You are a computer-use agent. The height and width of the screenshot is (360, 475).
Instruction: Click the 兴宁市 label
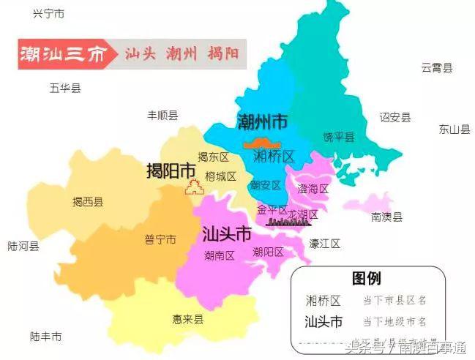click(49, 14)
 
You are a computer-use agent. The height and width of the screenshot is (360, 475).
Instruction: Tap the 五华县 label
click(65, 89)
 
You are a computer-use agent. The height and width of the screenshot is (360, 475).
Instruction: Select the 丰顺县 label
click(162, 115)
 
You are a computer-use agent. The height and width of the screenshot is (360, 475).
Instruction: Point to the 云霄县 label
click(436, 68)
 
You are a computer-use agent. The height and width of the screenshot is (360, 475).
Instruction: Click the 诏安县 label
click(394, 117)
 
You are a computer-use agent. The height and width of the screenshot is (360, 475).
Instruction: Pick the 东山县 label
click(454, 130)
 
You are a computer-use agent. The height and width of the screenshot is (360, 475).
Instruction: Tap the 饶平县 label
click(338, 138)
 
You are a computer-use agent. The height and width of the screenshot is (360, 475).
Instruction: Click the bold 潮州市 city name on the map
click(262, 121)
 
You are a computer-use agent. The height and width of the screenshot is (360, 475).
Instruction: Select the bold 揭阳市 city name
click(171, 170)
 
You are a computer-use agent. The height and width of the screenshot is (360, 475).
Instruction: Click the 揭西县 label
click(87, 202)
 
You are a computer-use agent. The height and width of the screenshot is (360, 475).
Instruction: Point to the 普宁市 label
click(160, 239)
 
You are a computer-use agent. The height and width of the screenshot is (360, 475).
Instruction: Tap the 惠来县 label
click(187, 319)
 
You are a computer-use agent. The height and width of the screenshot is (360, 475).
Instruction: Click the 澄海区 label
click(313, 189)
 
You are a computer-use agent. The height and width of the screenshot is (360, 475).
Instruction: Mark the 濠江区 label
click(324, 242)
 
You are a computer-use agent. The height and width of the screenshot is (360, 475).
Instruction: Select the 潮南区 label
click(219, 255)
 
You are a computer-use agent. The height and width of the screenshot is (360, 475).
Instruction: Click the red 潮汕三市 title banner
click(64, 54)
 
